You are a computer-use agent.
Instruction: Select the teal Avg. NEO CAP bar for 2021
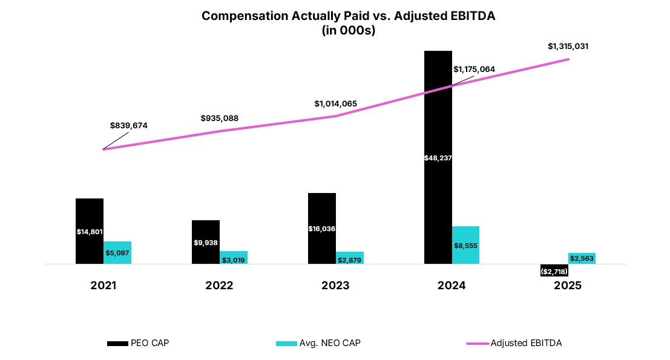pos(117,253)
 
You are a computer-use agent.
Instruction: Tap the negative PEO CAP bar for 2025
pos(554,271)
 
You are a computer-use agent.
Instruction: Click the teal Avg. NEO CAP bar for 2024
pos(465,245)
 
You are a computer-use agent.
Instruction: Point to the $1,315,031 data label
pos(568,46)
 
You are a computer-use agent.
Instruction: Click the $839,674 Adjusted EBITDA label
pos(128,125)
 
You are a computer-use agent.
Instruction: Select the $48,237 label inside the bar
pos(438,158)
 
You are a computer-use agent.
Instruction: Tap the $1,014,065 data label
pos(335,103)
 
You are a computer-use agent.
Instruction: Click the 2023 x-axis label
pos(335,286)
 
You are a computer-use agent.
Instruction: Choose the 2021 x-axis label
pos(103,286)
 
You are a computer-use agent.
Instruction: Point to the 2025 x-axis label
pos(568,286)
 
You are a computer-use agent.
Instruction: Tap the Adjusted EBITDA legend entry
pos(514,343)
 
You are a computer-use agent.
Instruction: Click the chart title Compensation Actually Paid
pos(348,16)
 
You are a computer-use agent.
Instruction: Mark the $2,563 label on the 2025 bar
pos(582,258)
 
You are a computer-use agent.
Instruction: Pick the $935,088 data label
pos(219,118)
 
